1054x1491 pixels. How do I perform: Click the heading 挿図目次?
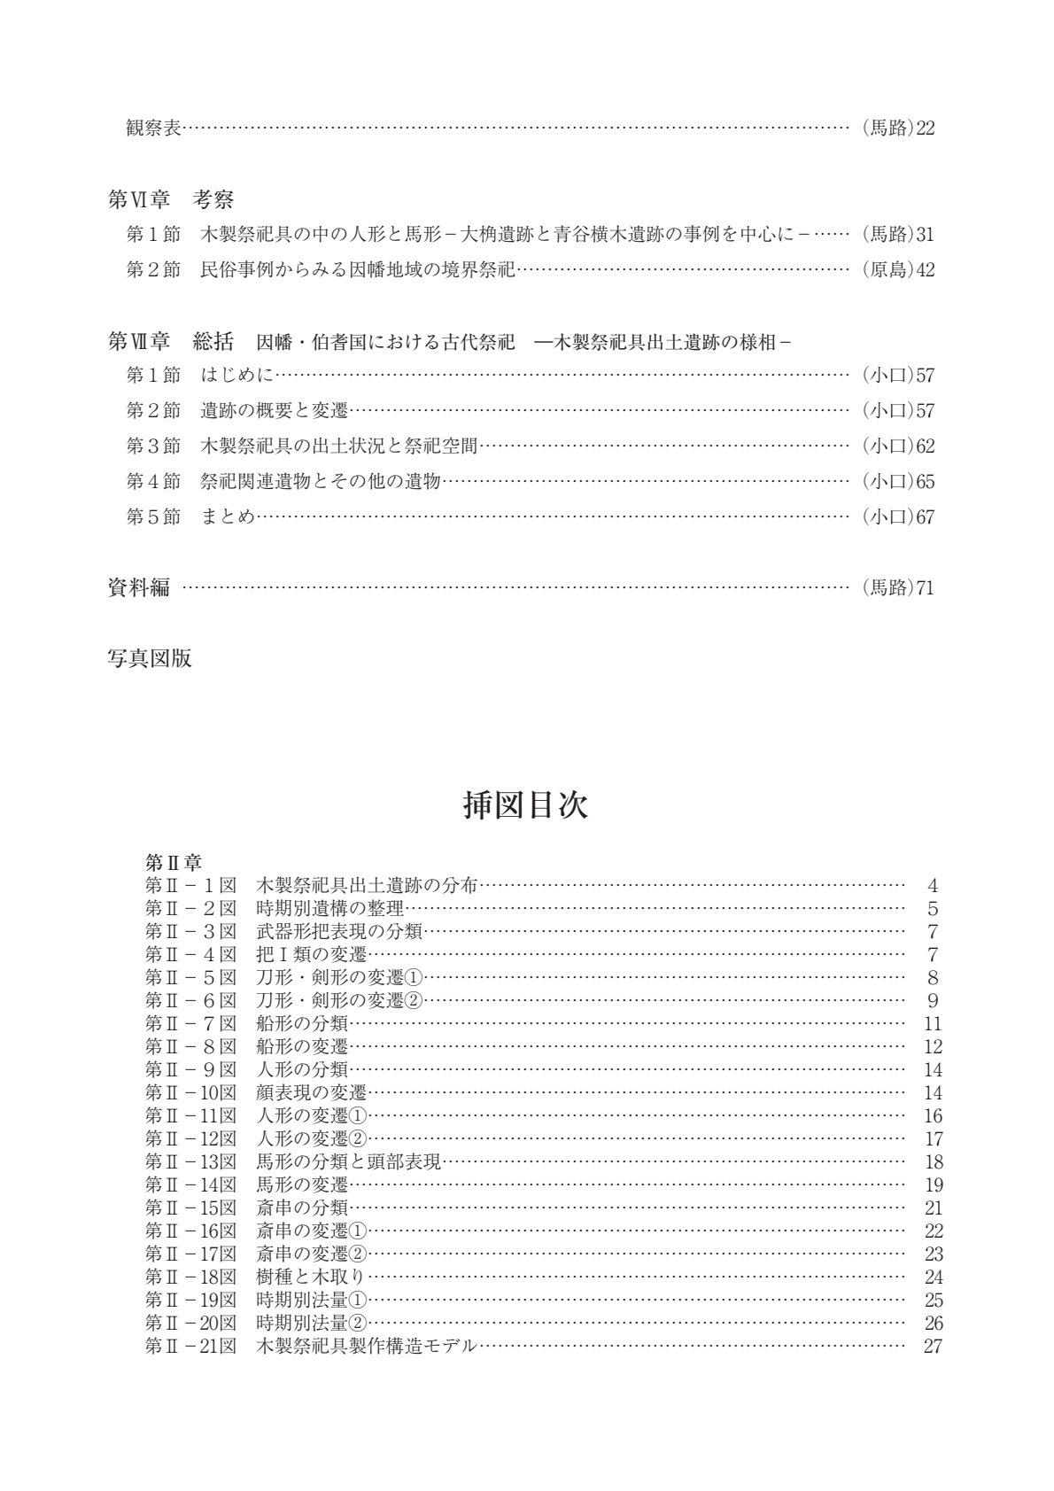pyautogui.click(x=526, y=805)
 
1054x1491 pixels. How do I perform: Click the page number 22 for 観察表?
pyautogui.click(x=926, y=128)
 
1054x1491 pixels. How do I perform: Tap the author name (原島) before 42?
pyautogui.click(x=887, y=270)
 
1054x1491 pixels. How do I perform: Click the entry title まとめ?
pyautogui.click(x=228, y=516)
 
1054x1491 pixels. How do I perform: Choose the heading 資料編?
pyautogui.click(x=139, y=587)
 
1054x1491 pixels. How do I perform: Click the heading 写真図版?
pyautogui.click(x=150, y=658)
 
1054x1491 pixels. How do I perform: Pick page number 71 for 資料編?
pyautogui.click(x=926, y=587)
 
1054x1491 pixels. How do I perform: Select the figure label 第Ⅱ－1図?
pyautogui.click(x=190, y=885)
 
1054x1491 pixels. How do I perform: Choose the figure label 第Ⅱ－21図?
pyautogui.click(x=190, y=1346)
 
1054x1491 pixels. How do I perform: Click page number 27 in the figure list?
pyautogui.click(x=932, y=1346)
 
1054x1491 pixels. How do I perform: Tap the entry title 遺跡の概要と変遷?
pyautogui.click(x=275, y=411)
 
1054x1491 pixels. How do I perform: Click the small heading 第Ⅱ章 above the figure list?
pyautogui.click(x=174, y=861)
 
